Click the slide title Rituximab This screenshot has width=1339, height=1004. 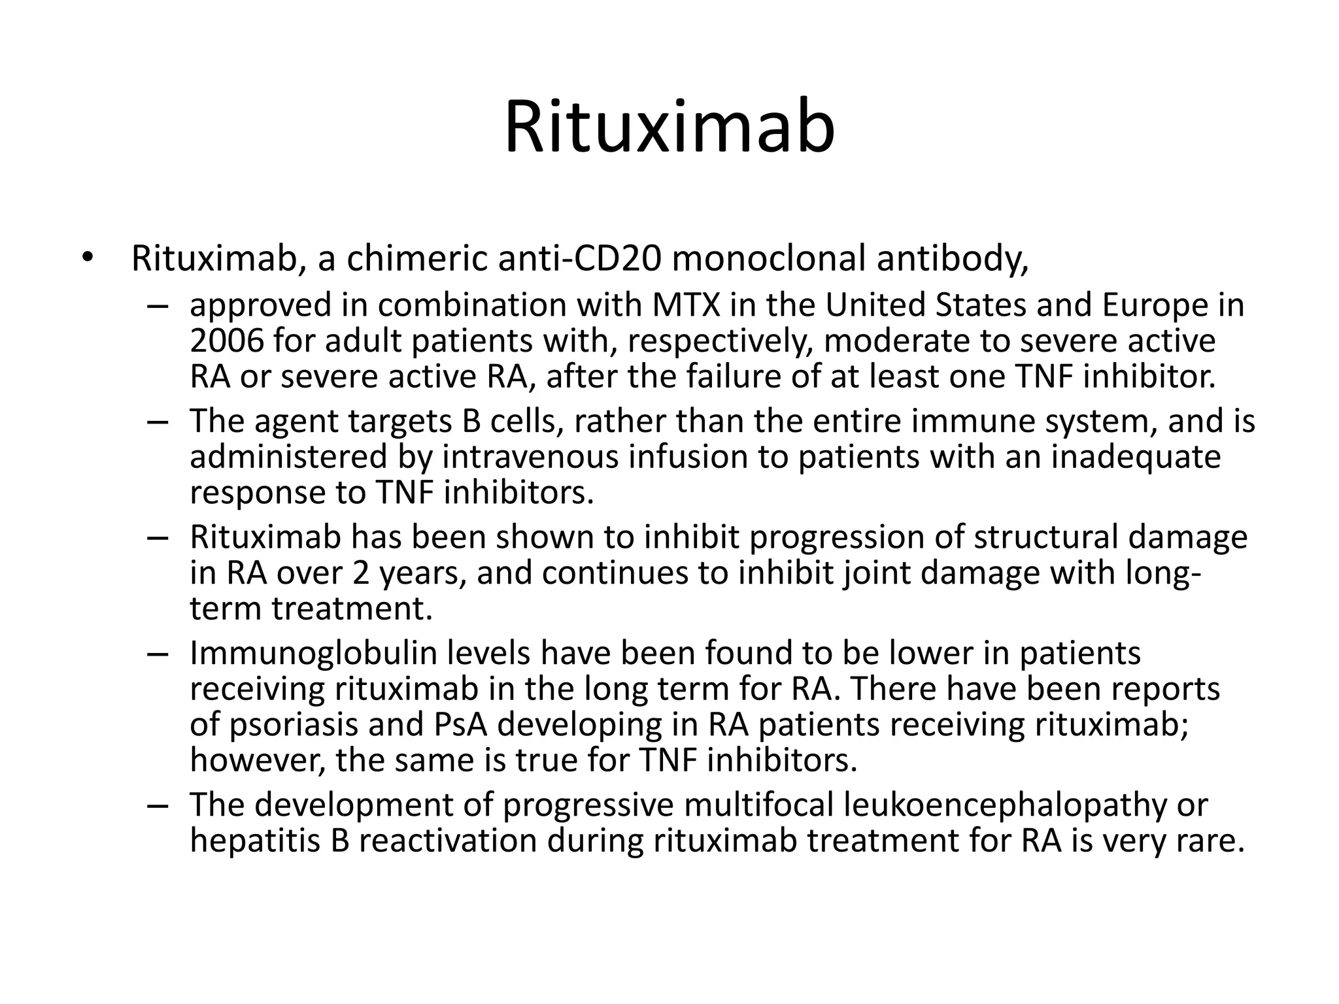pyautogui.click(x=669, y=127)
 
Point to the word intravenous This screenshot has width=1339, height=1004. pyautogui.click(x=530, y=457)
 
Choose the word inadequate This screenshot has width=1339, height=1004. pyautogui.click(x=1136, y=457)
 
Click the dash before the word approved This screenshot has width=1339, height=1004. pyautogui.click(x=158, y=305)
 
